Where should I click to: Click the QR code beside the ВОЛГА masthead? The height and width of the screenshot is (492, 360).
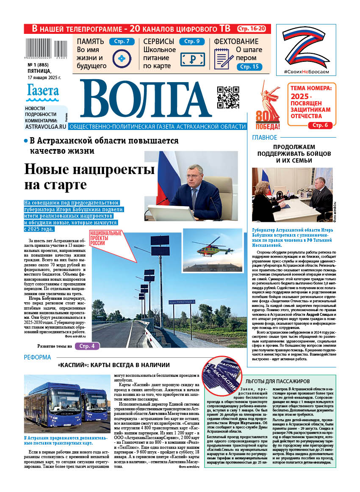click(228, 97)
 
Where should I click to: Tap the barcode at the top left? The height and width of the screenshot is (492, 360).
click(47, 48)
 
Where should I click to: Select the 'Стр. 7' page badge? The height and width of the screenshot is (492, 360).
click(122, 41)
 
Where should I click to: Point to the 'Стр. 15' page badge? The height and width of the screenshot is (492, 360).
click(249, 67)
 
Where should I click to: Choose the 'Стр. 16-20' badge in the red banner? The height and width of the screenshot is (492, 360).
click(252, 29)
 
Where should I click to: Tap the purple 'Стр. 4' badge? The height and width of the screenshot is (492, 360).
click(87, 346)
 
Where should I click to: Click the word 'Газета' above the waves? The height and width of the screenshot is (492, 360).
click(43, 91)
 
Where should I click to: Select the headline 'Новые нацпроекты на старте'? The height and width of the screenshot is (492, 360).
click(83, 177)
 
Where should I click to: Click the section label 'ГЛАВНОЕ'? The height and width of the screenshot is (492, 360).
click(265, 138)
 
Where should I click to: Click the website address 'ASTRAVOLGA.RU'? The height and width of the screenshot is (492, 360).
click(45, 126)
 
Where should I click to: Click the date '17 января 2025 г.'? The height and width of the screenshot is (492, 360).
click(44, 77)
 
